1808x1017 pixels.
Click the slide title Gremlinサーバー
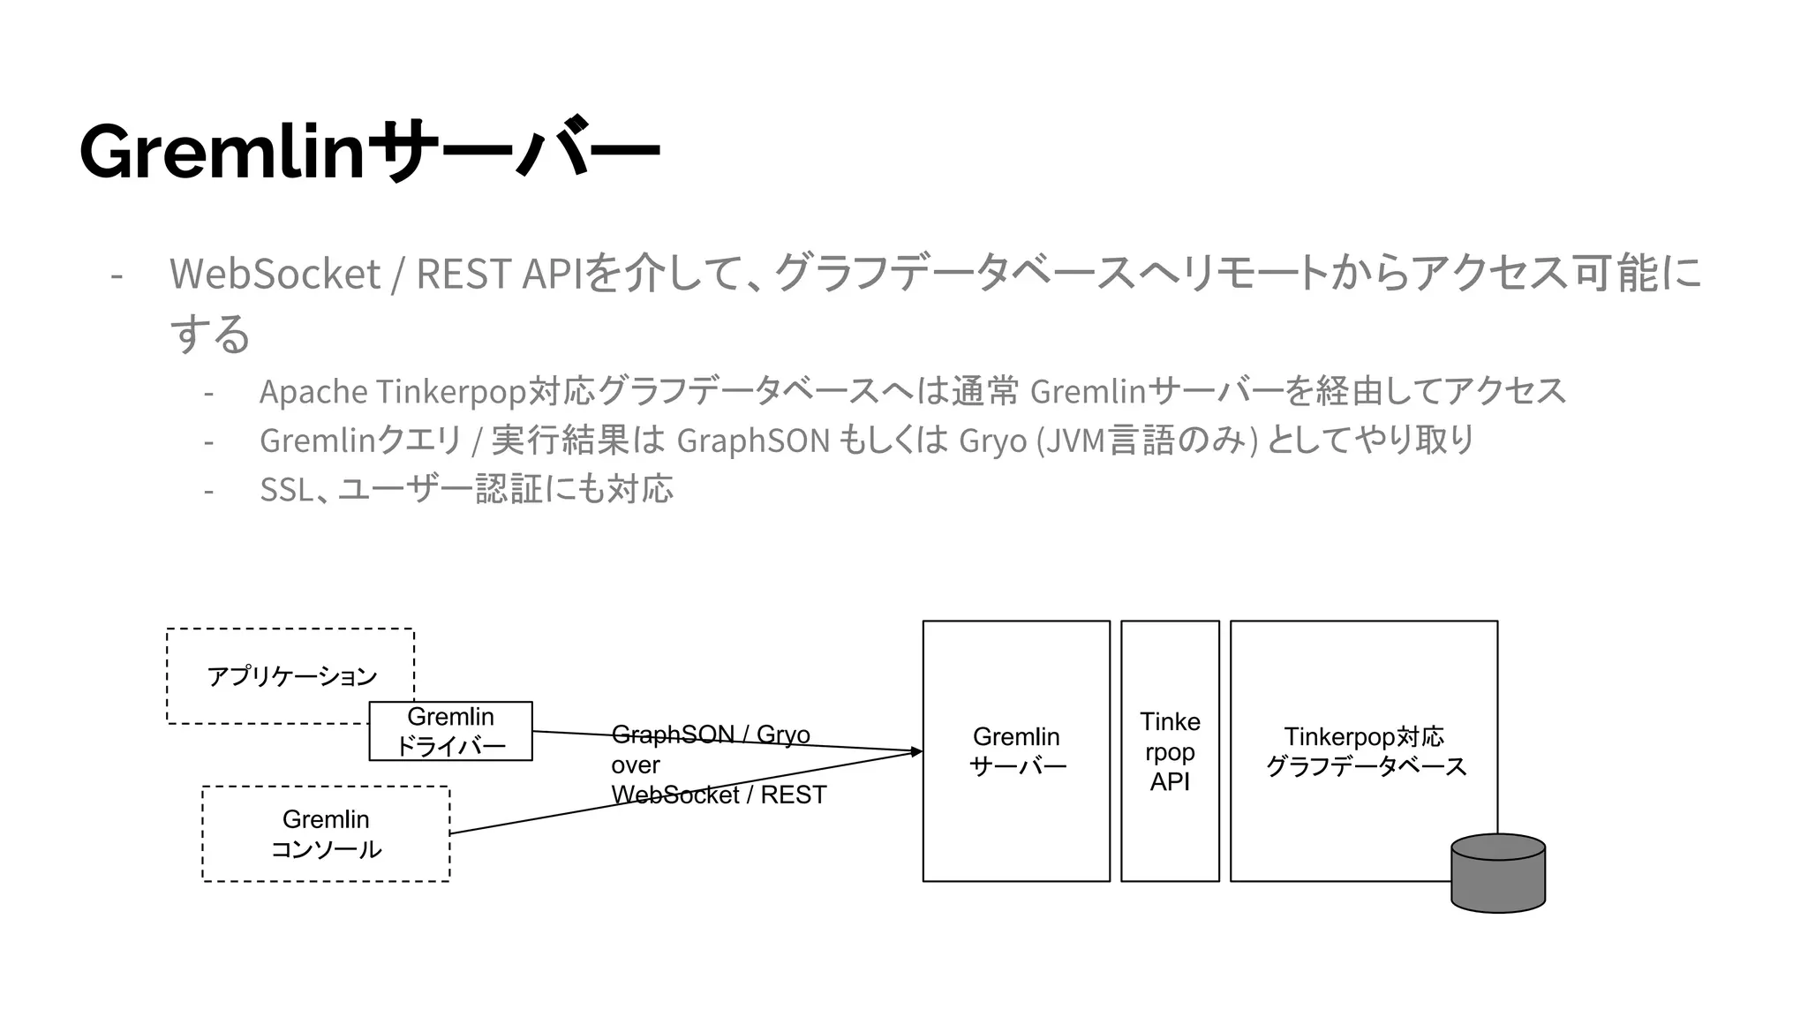click(369, 151)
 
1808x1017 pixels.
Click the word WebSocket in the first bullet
click(275, 274)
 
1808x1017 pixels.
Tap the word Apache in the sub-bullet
click(313, 391)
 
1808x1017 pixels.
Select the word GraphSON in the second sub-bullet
click(753, 440)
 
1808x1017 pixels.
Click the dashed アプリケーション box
click(290, 676)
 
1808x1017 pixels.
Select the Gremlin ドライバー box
click(450, 731)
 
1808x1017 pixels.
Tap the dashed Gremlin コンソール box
click(326, 833)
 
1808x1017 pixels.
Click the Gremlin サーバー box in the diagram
click(1016, 750)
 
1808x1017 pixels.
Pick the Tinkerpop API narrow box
click(1170, 751)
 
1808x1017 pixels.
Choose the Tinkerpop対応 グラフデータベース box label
click(1364, 750)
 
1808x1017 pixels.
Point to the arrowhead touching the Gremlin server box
click(917, 751)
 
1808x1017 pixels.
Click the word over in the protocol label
click(635, 765)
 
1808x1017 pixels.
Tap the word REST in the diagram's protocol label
click(793, 795)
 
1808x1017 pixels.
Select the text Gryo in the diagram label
click(783, 734)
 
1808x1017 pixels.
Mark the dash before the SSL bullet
click(208, 490)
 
